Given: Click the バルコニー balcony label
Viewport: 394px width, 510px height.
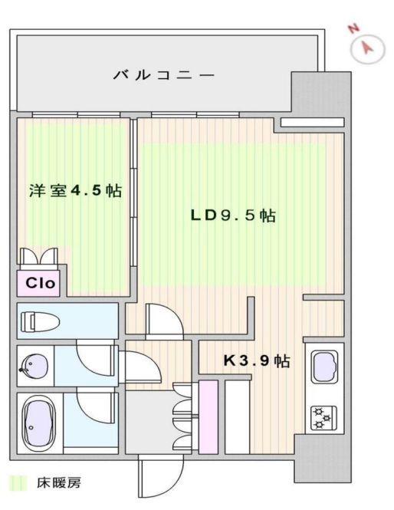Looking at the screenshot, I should point(163,75).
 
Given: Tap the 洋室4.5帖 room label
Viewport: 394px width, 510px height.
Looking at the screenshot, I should point(75,190).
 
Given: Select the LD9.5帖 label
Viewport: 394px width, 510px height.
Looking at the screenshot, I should point(233,216).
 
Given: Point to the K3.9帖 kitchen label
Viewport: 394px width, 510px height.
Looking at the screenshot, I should point(256,360).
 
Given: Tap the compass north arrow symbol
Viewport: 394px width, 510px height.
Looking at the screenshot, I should point(368,49).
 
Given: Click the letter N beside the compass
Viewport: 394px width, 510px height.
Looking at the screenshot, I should point(353,29).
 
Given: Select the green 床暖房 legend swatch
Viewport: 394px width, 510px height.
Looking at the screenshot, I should point(19,483).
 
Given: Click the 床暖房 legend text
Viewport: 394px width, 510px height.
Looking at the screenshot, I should point(58,483).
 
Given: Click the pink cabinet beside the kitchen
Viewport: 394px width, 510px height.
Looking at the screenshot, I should point(208,417).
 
